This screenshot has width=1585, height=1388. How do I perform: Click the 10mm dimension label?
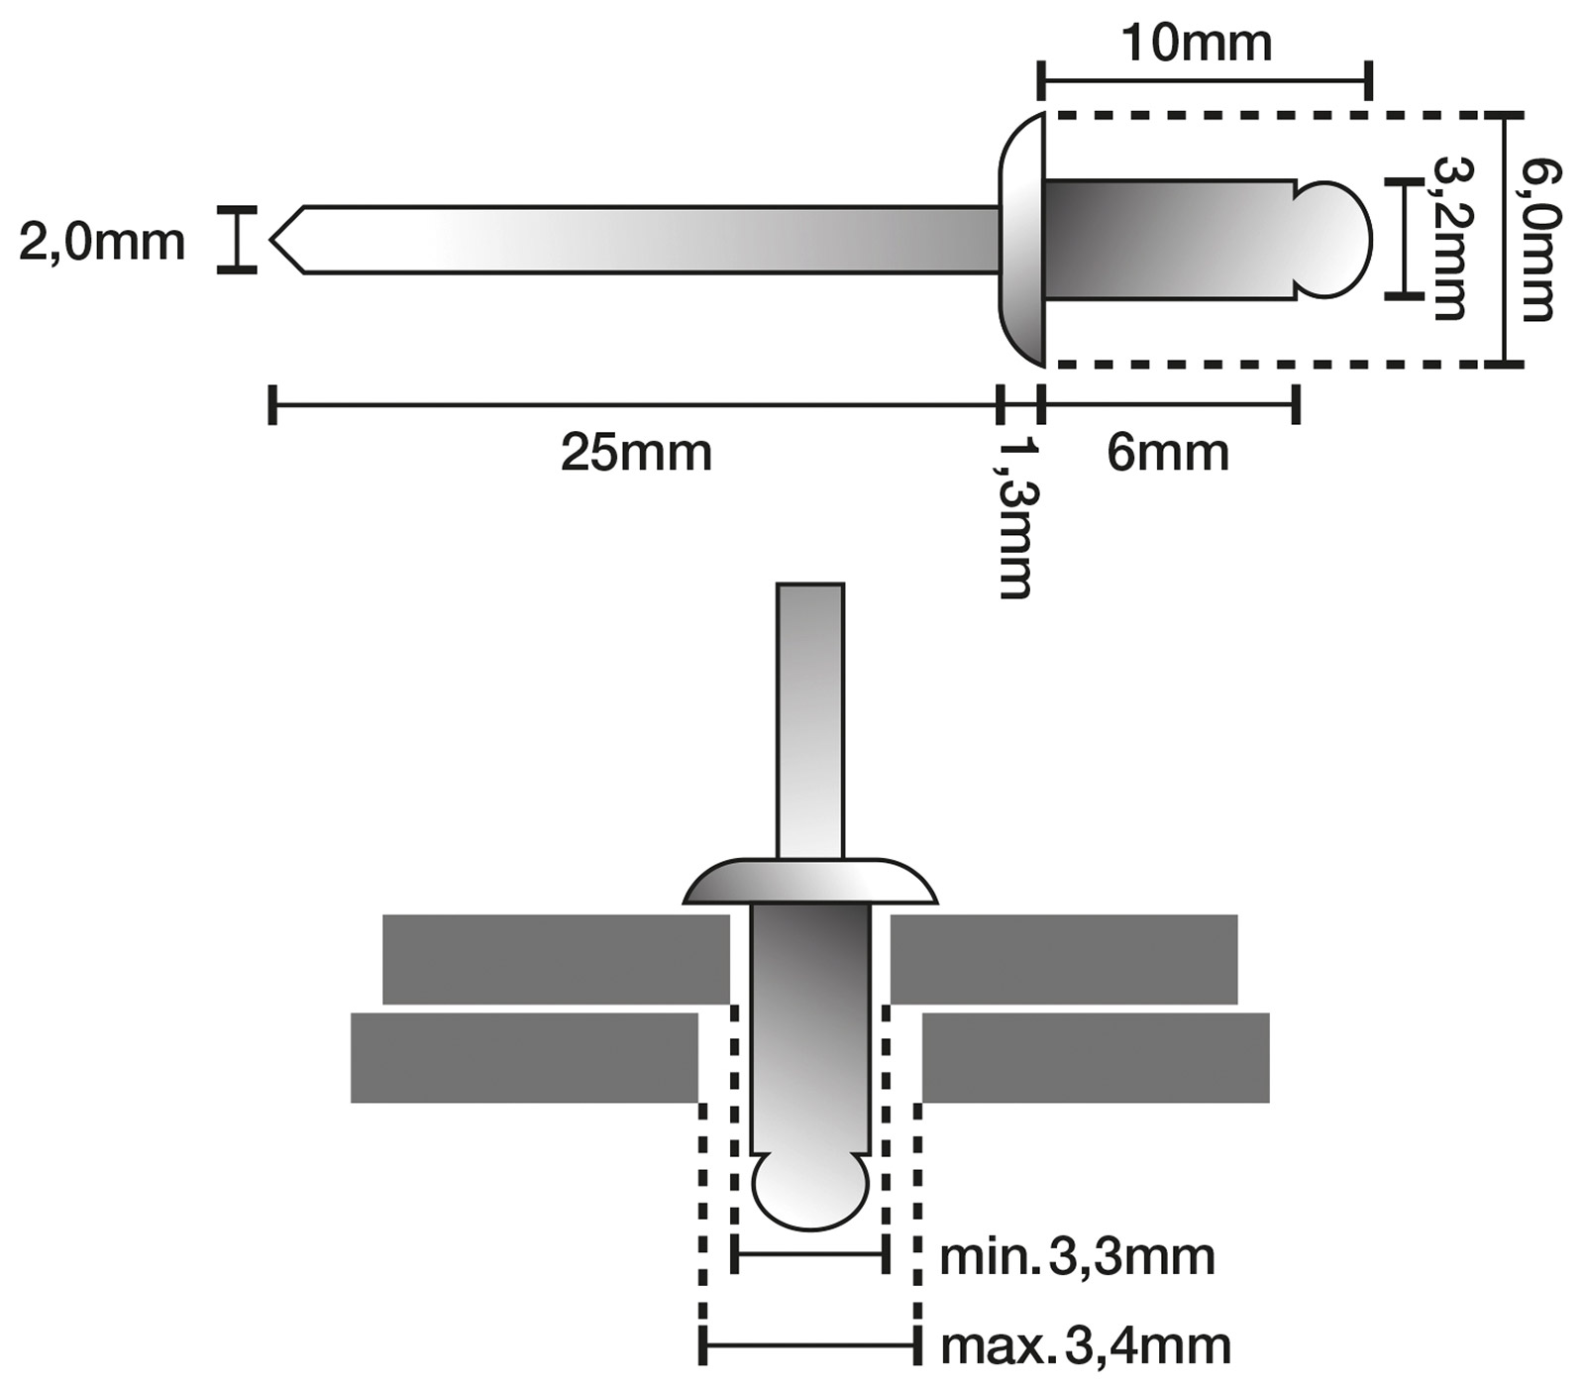coord(1197,45)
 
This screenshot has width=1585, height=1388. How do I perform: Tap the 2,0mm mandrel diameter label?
coord(102,242)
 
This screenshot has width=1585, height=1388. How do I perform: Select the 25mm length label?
coord(636,454)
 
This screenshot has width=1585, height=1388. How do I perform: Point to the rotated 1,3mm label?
coord(1016,517)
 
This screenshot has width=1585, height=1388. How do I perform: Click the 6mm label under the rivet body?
coord(1168,454)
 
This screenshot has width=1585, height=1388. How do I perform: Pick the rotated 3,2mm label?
coord(1448,239)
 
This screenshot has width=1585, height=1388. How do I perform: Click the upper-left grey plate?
coord(555,958)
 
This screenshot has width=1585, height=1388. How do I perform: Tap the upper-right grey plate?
coord(1064,958)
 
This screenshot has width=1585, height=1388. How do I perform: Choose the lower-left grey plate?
coord(524,1057)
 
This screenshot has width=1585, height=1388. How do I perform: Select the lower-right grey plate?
coord(1096,1057)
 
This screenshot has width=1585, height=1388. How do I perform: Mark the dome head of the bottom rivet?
coord(810,882)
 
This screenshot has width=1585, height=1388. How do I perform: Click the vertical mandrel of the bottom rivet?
coord(810,718)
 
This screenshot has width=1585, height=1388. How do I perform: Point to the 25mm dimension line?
coord(634,404)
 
